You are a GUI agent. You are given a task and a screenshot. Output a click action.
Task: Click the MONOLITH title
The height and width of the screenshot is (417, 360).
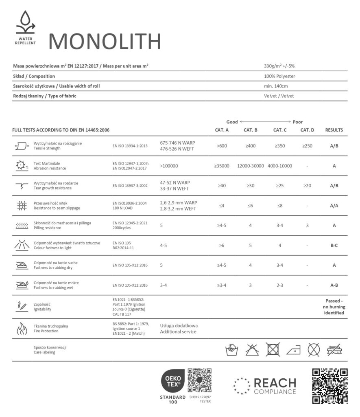(x=105, y=41)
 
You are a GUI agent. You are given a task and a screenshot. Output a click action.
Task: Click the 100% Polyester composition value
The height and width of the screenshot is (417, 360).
(x=279, y=76)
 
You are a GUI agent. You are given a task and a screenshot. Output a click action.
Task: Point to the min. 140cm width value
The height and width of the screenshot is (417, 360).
(x=276, y=86)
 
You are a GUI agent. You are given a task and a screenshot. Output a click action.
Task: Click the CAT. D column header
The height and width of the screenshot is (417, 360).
(x=307, y=130)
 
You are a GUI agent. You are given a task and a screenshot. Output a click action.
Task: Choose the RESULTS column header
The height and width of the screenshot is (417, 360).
(x=334, y=130)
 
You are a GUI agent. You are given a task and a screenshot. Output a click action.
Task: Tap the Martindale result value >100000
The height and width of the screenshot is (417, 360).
(x=169, y=166)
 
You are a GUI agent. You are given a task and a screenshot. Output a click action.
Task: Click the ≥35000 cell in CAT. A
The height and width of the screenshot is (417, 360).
(x=222, y=166)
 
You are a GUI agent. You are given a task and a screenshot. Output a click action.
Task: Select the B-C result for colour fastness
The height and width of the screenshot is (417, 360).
(x=334, y=246)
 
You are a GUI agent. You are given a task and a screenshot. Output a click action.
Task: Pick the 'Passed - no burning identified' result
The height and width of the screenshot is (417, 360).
(x=334, y=307)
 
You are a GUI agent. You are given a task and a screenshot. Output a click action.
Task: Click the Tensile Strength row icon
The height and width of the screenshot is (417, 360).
(x=21, y=146)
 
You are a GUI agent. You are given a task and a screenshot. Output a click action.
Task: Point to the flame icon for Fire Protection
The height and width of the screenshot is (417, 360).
(x=21, y=328)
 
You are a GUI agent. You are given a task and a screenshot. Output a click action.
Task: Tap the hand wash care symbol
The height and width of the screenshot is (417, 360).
(x=231, y=349)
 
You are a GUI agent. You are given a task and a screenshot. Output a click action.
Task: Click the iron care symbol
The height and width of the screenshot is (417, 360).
(x=293, y=350)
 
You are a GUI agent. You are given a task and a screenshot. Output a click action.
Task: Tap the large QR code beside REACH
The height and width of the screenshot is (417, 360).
(x=329, y=386)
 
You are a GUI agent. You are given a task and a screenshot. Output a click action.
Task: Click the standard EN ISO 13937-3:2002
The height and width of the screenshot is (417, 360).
(x=130, y=186)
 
